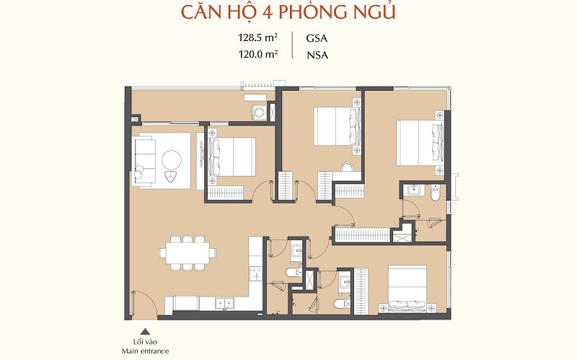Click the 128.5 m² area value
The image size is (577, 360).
[x=257, y=38]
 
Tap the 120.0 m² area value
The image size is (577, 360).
[x=257, y=55]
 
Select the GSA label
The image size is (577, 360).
[x=317, y=38]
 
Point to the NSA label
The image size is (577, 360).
[x=317, y=56]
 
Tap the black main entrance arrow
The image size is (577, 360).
[x=146, y=331]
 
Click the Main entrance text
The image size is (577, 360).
[x=146, y=351]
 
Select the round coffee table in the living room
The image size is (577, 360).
[x=171, y=159]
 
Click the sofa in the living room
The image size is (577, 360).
[x=144, y=161]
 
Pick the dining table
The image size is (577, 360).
[x=188, y=253]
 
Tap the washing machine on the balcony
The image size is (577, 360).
[x=258, y=113]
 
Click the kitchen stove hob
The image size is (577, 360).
[x=255, y=275]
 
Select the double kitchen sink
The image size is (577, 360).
[x=224, y=303]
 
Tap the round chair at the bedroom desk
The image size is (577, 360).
[x=347, y=167]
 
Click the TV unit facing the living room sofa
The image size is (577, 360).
[x=200, y=161]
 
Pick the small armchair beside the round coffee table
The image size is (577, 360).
[x=170, y=176]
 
